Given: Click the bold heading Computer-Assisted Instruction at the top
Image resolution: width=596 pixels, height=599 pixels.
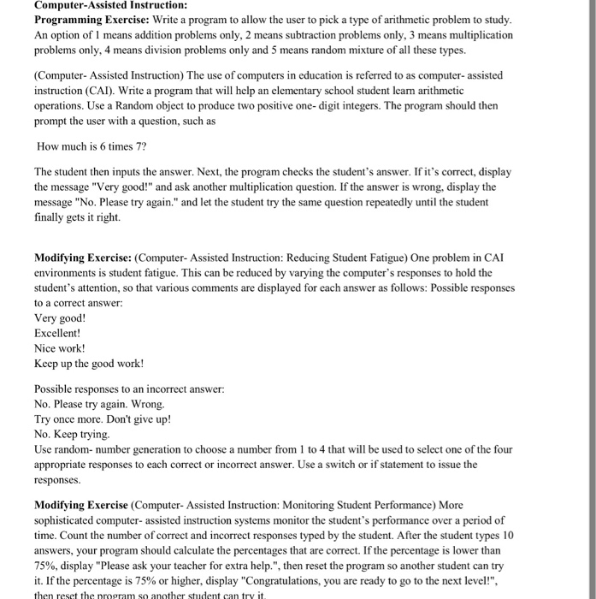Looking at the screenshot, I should pos(104,5).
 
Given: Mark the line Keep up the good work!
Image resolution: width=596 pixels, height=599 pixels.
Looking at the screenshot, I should pos(89,364).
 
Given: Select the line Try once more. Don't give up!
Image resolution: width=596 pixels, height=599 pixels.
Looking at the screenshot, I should pos(103,419).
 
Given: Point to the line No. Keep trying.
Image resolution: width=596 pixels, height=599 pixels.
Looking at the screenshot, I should pos(72,435).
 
